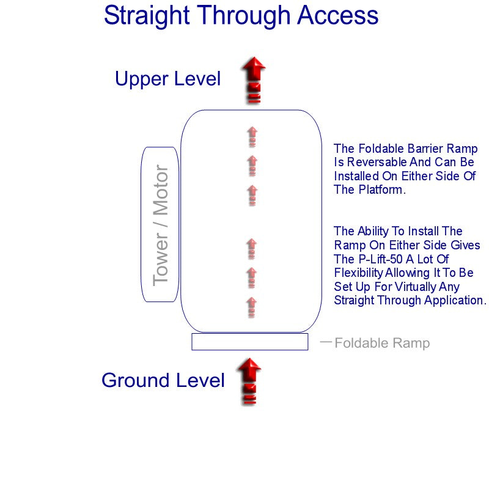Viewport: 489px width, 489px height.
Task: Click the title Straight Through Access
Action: tap(241, 16)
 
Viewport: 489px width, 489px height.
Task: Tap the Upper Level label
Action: tap(167, 79)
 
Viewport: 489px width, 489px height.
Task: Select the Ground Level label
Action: tap(163, 380)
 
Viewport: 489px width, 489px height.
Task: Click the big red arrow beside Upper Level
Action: tap(252, 79)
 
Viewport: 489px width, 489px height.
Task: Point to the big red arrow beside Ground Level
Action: tap(249, 381)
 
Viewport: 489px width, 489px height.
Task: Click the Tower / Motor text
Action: tap(160, 225)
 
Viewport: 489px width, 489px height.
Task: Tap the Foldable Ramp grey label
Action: tap(382, 343)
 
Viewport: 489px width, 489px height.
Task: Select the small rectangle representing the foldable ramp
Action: tap(249, 342)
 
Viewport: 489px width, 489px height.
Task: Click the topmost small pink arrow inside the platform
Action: tap(252, 136)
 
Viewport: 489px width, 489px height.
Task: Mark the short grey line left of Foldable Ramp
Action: tap(326, 342)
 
